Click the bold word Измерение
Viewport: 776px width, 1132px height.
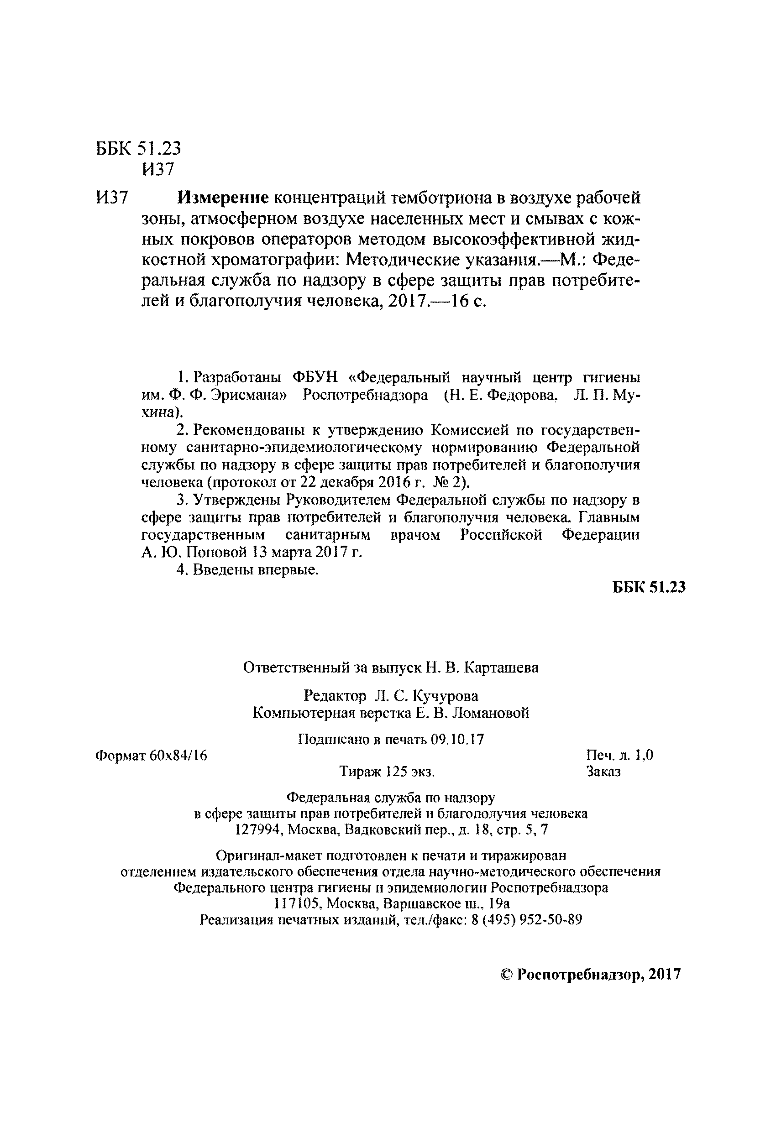coord(223,198)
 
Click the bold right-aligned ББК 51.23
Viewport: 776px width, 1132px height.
coord(648,587)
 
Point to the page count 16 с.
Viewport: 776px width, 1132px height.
coord(468,302)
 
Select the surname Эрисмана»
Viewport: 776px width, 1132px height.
coord(250,395)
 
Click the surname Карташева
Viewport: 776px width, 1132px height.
coord(502,668)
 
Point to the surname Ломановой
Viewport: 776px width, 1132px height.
coord(491,713)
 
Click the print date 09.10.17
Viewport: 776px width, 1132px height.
coord(457,740)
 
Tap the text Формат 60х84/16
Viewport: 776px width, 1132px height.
coord(151,756)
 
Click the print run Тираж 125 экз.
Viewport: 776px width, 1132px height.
coord(387,772)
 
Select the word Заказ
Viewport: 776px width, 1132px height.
coord(603,772)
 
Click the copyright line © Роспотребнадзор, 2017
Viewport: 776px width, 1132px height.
coord(591,974)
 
